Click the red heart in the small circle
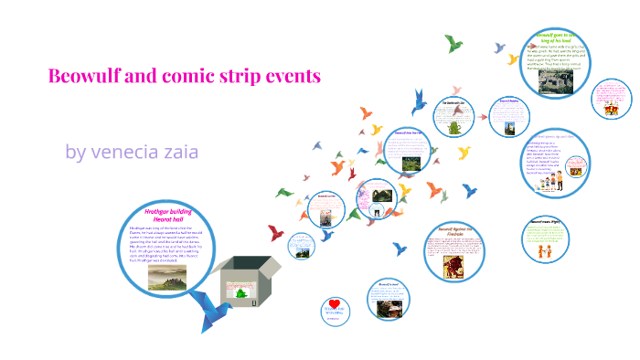pyautogui.click(x=336, y=303)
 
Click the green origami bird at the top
pyautogui.click(x=453, y=43)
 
